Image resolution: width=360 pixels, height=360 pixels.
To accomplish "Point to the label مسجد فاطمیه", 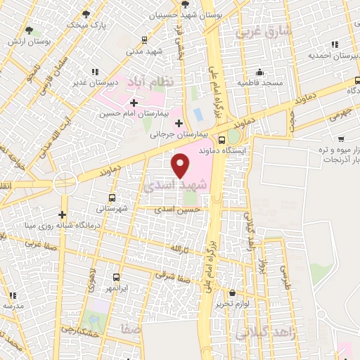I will click(259, 83).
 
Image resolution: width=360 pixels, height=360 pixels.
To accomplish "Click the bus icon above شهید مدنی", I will click(144, 39).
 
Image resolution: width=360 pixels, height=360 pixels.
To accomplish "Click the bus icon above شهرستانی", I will click(110, 198).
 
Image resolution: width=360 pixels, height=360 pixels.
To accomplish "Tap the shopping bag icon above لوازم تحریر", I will click(233, 293).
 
